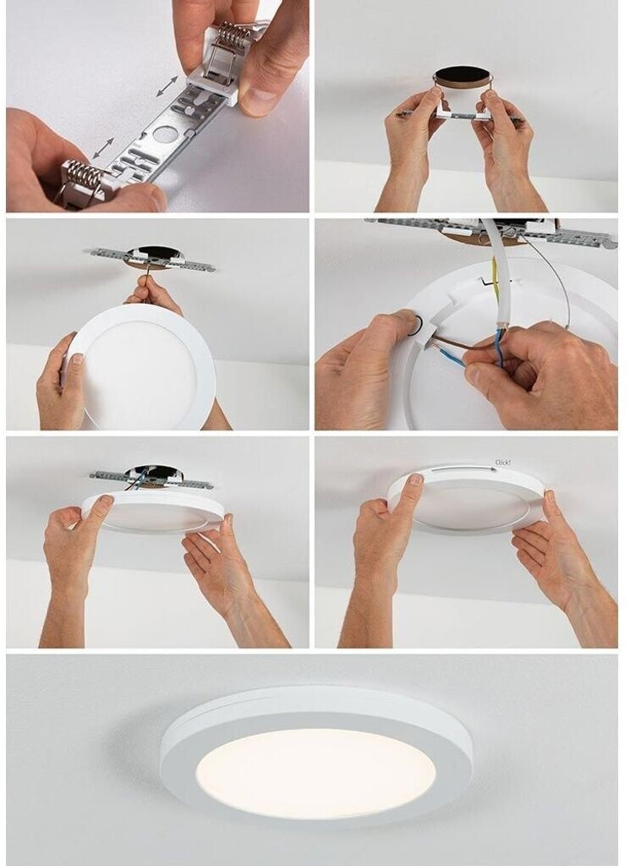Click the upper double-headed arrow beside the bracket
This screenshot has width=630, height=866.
coord(167,86)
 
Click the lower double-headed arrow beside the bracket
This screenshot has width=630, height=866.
coord(103,149)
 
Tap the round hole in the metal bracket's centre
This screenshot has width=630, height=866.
coord(164,134)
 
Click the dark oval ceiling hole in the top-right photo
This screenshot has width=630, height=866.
coord(463,75)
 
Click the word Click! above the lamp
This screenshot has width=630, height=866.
coord(503,463)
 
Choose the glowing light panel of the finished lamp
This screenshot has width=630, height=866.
coord(315,773)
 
